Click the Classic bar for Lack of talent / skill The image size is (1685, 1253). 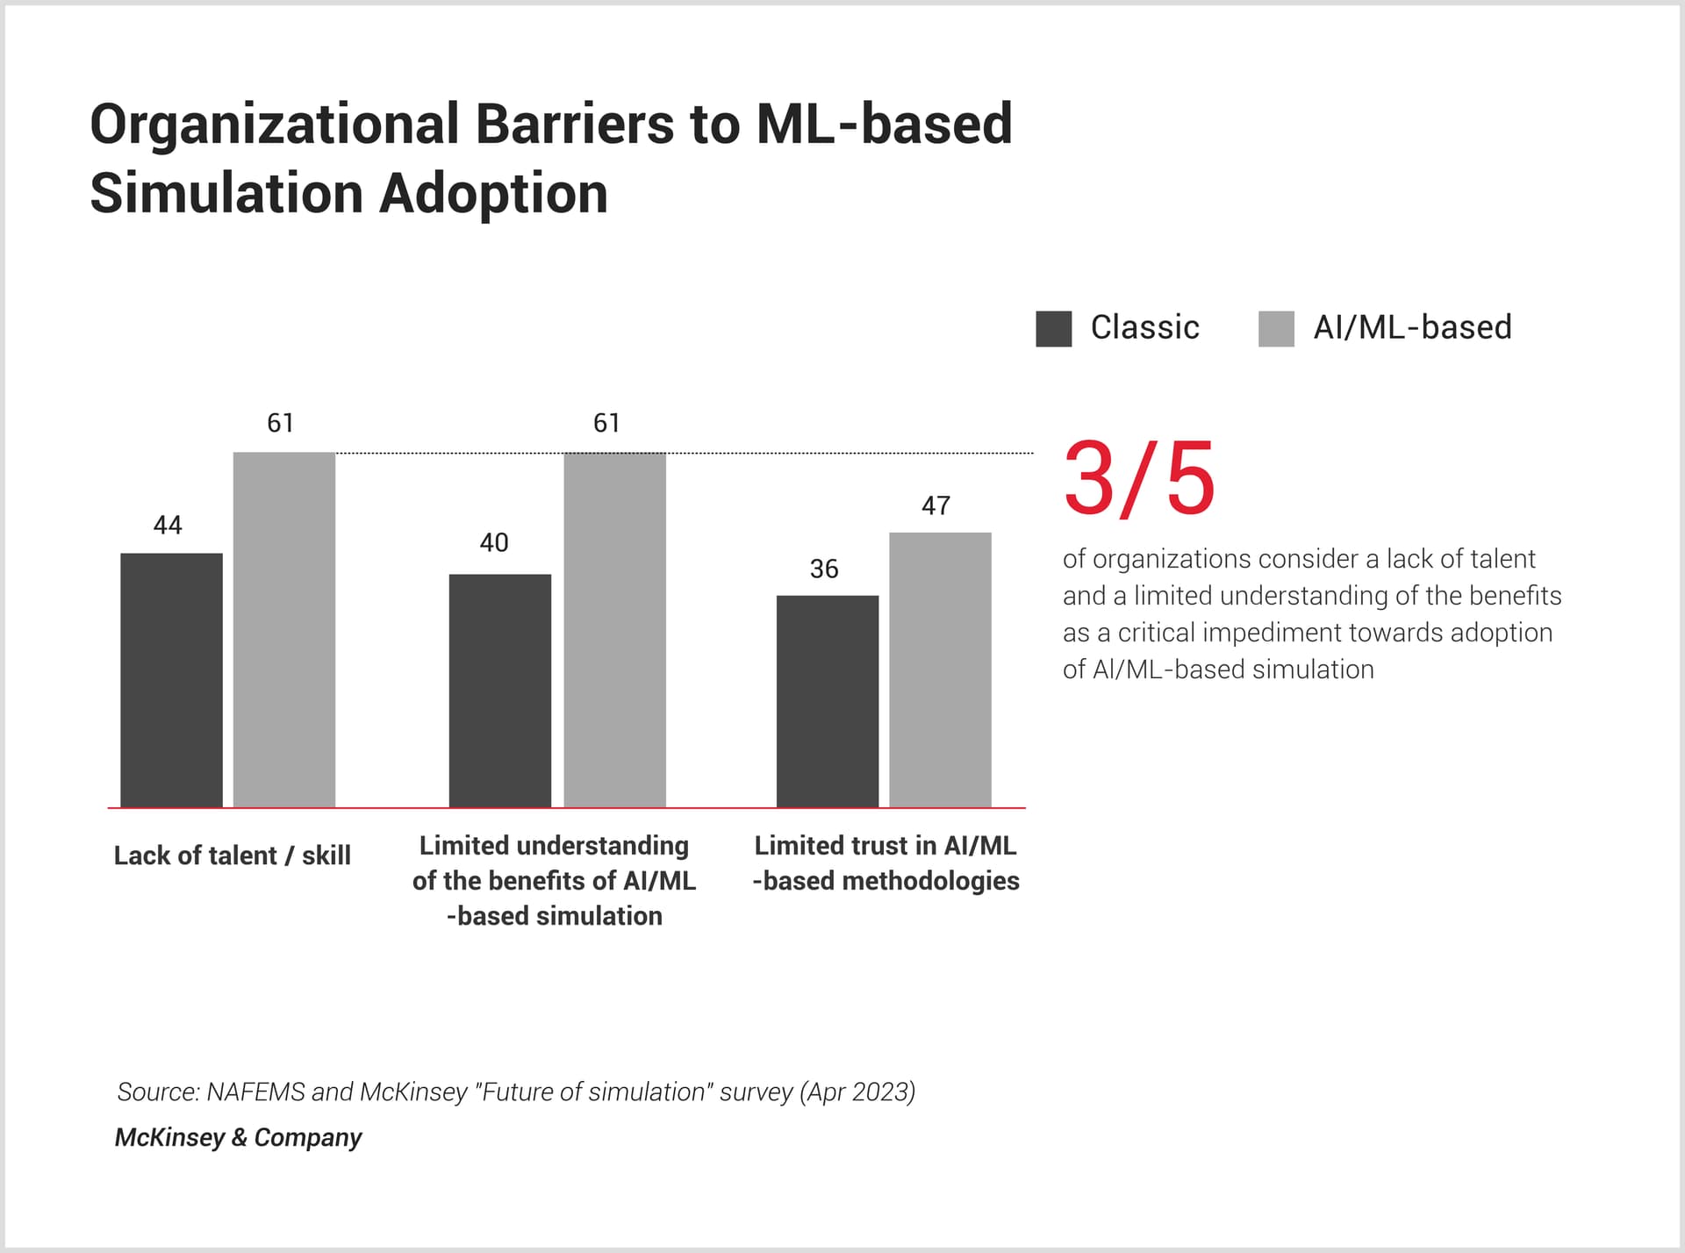point(171,680)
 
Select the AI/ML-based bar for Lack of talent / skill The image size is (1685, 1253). point(283,629)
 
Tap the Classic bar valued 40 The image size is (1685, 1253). point(499,691)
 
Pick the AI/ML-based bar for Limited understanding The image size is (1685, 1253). point(614,629)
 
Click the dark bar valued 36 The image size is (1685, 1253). point(827,701)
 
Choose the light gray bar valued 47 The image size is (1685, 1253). point(940,669)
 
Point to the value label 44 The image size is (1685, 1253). point(168,525)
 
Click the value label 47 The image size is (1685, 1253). point(936,505)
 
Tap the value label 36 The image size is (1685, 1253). point(823,569)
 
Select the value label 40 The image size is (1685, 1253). point(493,542)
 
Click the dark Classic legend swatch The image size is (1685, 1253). point(1053,329)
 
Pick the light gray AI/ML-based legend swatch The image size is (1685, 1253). point(1276,329)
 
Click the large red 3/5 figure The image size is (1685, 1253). point(1139,479)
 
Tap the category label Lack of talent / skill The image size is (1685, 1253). point(232,856)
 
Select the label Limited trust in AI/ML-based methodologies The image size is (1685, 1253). point(886,863)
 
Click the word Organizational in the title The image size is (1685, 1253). point(274,125)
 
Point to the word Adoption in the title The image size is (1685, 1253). point(493,194)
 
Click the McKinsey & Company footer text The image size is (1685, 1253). point(238,1137)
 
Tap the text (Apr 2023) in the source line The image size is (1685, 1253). point(857,1092)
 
